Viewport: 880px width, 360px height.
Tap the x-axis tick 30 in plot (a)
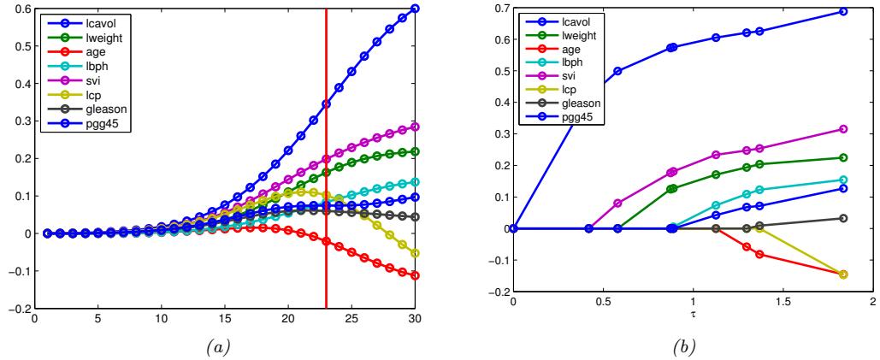[x=415, y=319]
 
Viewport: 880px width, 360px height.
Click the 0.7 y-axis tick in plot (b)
[x=499, y=9]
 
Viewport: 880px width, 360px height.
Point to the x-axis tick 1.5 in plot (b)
[x=783, y=302]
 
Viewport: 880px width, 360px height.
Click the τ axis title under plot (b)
[x=693, y=313]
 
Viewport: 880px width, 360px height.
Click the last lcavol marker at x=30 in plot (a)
[x=415, y=9]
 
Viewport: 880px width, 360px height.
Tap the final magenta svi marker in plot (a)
[x=415, y=127]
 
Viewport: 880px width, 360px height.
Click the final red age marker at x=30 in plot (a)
[x=415, y=275]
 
